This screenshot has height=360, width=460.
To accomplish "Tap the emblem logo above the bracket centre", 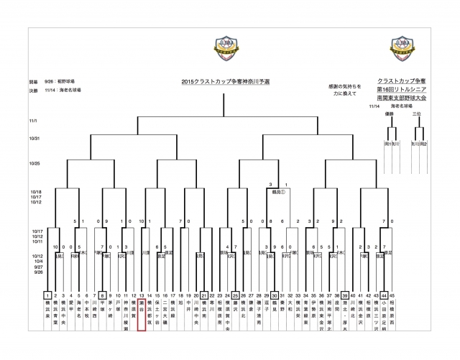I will click(x=230, y=47).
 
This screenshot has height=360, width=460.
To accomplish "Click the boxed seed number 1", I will click(x=47, y=295).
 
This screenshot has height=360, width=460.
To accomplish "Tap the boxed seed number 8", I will click(x=103, y=295).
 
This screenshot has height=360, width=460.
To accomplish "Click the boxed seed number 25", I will click(x=236, y=295).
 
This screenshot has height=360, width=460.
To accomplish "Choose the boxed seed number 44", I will click(x=385, y=295).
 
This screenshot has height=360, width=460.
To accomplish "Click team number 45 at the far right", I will click(x=392, y=295).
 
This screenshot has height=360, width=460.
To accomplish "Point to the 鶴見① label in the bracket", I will click(x=278, y=192).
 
